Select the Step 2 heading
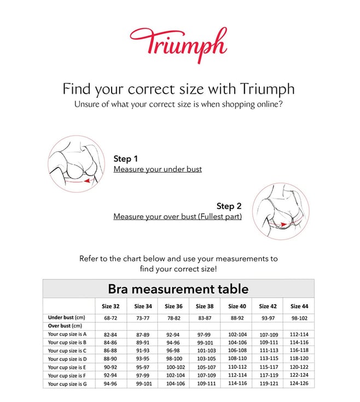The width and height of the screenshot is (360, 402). pyautogui.click(x=229, y=206)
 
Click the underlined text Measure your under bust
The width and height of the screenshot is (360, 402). pyautogui.click(x=158, y=169)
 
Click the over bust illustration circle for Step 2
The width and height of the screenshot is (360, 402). pyautogui.click(x=280, y=211)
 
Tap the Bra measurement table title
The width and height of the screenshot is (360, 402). pyautogui.click(x=178, y=289)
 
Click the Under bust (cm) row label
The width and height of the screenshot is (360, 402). pyautogui.click(x=67, y=317)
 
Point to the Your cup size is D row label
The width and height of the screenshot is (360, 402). pyautogui.click(x=67, y=359)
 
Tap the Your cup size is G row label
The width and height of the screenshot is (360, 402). pyautogui.click(x=67, y=384)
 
